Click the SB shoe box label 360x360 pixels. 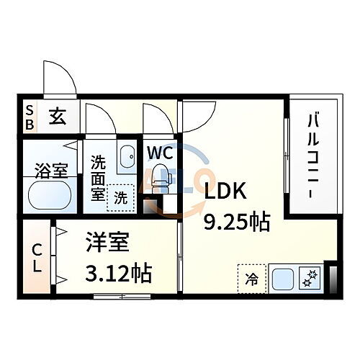tap(30, 117)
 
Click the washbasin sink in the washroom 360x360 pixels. tap(127, 158)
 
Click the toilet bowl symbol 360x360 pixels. tap(161, 177)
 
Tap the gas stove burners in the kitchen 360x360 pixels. tap(312, 278)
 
